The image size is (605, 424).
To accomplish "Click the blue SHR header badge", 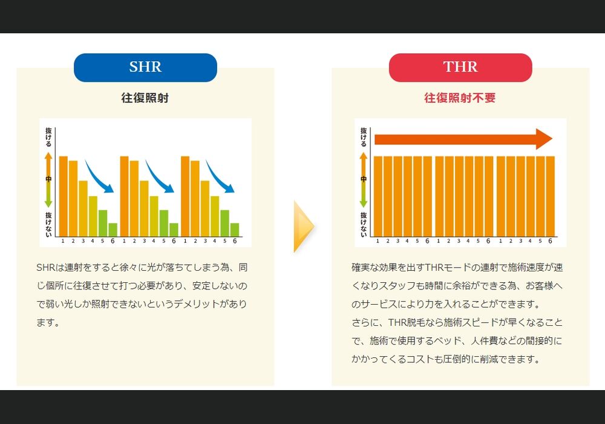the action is [x=145, y=68].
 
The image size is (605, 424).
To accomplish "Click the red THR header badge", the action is [x=460, y=68].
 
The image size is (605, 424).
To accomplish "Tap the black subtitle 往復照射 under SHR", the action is [x=145, y=98].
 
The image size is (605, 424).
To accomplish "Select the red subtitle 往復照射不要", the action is [x=460, y=98].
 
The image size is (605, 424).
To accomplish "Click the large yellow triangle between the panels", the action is [x=303, y=227].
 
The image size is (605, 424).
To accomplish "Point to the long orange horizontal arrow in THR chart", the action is [x=463, y=139].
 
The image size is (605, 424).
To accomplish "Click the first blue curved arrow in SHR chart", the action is [x=99, y=177].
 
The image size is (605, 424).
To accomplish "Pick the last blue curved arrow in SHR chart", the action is [x=220, y=177].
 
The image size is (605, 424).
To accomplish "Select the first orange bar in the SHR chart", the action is [x=64, y=196].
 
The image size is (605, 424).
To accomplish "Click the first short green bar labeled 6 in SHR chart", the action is [x=113, y=230].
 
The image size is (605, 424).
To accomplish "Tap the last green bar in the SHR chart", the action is [x=235, y=230].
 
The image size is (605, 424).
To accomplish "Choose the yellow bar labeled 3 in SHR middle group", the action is [x=144, y=208].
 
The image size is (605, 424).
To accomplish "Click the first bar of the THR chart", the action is [x=378, y=196].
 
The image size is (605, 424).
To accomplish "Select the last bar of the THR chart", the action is [x=550, y=196].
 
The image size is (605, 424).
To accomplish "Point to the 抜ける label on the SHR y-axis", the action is [x=48, y=137].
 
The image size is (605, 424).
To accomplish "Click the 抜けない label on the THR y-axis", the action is [x=364, y=224].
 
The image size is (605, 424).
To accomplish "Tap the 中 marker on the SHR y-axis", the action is [x=48, y=179].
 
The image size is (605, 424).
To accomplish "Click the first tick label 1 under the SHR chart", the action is [x=63, y=241].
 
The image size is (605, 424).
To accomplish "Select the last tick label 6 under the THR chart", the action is [x=550, y=241].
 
